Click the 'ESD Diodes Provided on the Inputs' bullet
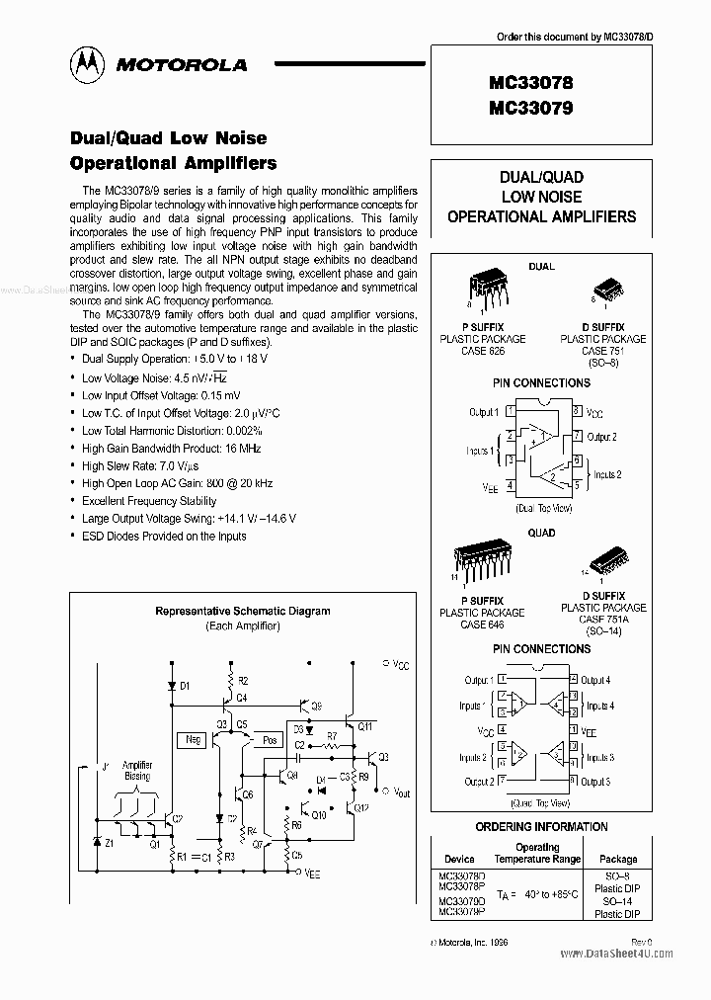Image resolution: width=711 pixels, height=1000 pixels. [x=164, y=536]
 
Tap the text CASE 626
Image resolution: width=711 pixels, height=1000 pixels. [x=483, y=351]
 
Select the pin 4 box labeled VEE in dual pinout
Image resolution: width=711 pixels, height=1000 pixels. [x=510, y=486]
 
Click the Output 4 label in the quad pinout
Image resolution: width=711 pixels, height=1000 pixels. [x=595, y=680]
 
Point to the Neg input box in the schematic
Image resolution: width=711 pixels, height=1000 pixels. [x=192, y=739]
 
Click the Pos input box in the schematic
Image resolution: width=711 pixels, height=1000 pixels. [x=269, y=739]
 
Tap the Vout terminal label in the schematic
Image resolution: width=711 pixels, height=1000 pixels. [x=400, y=792]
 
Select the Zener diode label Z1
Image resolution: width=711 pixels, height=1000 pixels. [x=109, y=843]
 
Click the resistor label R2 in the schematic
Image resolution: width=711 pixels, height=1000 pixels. [x=243, y=682]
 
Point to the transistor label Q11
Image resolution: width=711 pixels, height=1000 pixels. [x=364, y=726]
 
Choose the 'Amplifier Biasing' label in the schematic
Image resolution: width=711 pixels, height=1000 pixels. [x=137, y=771]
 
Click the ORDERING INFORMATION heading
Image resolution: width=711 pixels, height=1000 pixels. [x=541, y=826]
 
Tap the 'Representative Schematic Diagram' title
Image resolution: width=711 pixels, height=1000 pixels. [x=242, y=611]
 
